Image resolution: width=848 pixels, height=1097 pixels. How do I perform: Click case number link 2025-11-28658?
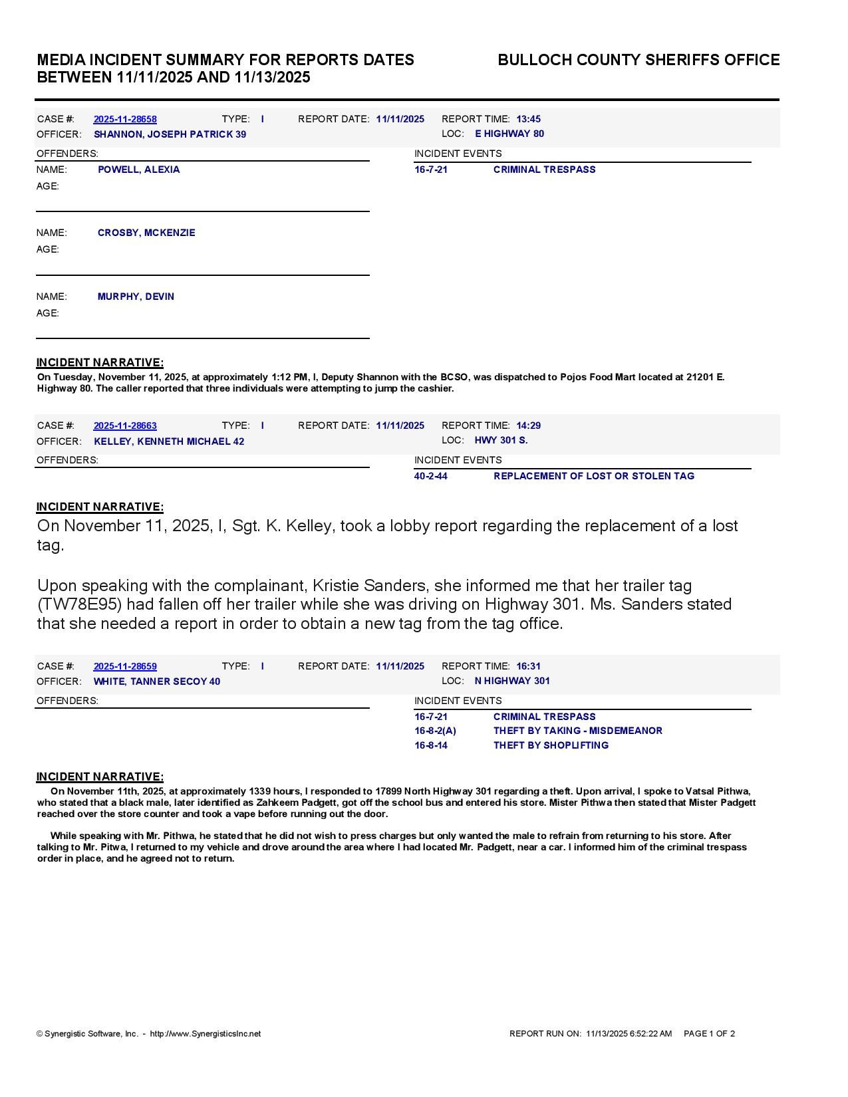coord(125,119)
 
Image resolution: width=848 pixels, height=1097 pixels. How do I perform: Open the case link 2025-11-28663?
coord(125,426)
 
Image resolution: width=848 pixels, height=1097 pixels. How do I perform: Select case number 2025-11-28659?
coord(125,666)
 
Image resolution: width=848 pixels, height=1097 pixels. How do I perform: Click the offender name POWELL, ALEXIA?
coord(138,170)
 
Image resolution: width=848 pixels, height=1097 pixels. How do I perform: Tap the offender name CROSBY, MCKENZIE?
coord(146,233)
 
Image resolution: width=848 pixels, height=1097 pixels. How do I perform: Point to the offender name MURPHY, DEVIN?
coord(136,297)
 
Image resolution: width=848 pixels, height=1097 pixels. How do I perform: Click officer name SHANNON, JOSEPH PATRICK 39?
coord(170,134)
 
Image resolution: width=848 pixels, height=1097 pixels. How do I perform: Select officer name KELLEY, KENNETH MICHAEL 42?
coord(169,441)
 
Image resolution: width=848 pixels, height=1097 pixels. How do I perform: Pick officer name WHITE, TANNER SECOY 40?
coord(157,681)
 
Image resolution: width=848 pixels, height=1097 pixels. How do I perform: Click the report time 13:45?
coord(528,119)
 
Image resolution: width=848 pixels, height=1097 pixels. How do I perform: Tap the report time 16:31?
coord(528,666)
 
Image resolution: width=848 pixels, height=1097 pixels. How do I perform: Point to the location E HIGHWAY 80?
coord(509,134)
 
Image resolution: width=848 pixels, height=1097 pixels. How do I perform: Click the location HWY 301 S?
coord(501,440)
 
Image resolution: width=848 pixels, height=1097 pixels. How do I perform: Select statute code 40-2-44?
coord(430,476)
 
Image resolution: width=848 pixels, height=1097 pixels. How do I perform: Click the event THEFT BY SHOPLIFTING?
coord(551,745)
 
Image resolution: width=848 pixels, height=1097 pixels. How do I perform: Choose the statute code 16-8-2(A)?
coord(435,731)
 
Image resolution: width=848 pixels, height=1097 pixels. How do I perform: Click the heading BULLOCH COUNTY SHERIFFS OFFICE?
coord(638,60)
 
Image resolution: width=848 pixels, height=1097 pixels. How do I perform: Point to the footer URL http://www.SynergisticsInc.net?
coord(206,1034)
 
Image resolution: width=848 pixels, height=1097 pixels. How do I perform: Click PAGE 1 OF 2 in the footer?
coord(709,1034)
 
